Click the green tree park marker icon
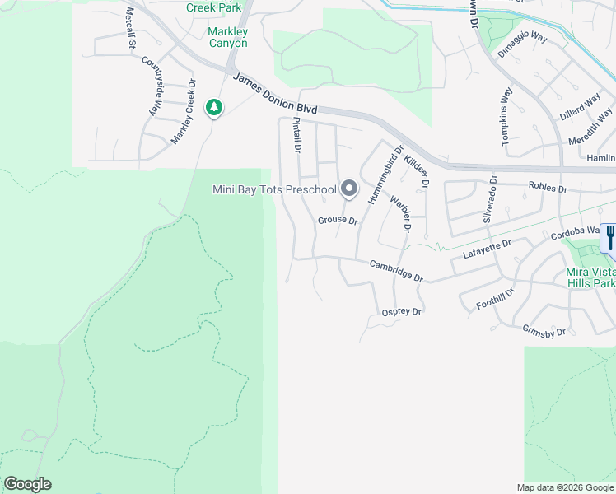(214, 107)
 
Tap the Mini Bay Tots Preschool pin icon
(349, 189)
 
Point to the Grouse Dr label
(338, 221)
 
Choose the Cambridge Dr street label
(395, 271)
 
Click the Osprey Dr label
(402, 311)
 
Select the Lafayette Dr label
(488, 249)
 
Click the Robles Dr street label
(548, 189)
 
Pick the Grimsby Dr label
(544, 331)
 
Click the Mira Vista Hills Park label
(590, 277)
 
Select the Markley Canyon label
(227, 37)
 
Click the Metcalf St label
(130, 30)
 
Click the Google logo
(28, 484)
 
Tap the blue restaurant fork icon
(609, 238)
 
